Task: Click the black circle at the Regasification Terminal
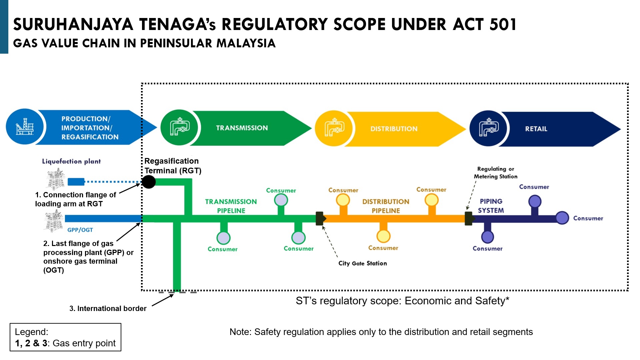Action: click(x=149, y=182)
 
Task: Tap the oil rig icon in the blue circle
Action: click(x=25, y=127)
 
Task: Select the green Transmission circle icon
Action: click(x=180, y=128)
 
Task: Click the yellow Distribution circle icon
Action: click(x=334, y=129)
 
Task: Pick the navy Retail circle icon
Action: click(x=489, y=129)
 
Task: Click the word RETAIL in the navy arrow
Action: click(x=536, y=129)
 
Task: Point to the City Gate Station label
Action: click(x=363, y=263)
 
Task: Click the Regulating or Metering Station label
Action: click(x=496, y=173)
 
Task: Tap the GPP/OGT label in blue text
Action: click(x=80, y=230)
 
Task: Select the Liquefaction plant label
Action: click(x=71, y=161)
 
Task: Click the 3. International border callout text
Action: click(x=108, y=309)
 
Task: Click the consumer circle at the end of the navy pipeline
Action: click(x=562, y=218)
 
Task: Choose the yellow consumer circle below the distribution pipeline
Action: click(x=383, y=236)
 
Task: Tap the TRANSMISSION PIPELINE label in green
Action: click(x=231, y=206)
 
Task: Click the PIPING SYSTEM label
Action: click(x=491, y=206)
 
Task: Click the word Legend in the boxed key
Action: click(x=31, y=332)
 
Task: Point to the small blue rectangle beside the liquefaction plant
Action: click(x=76, y=182)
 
